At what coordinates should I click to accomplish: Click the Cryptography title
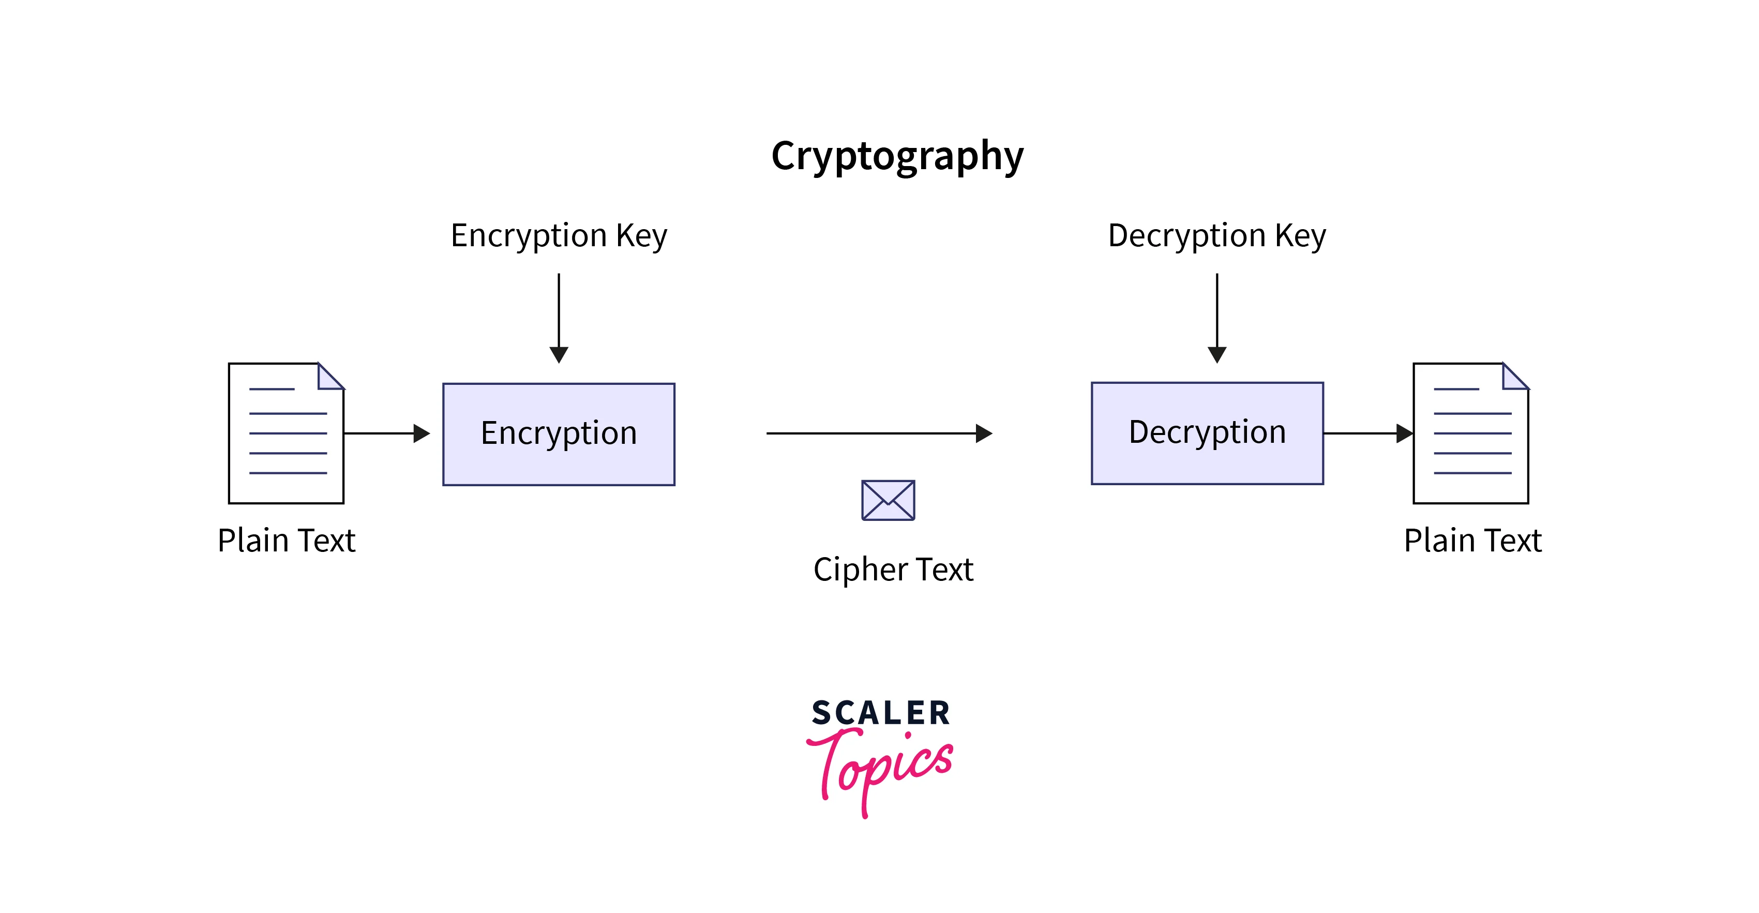point(897,156)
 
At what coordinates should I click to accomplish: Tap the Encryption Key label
point(559,235)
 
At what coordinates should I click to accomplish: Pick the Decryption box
point(1207,433)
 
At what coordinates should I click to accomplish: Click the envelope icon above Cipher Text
point(888,500)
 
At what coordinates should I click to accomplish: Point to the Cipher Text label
point(893,569)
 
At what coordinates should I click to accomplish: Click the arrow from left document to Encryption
point(386,433)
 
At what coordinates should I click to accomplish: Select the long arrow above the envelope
point(879,433)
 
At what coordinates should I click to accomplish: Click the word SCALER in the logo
point(881,713)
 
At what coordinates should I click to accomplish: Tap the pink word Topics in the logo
point(881,768)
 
